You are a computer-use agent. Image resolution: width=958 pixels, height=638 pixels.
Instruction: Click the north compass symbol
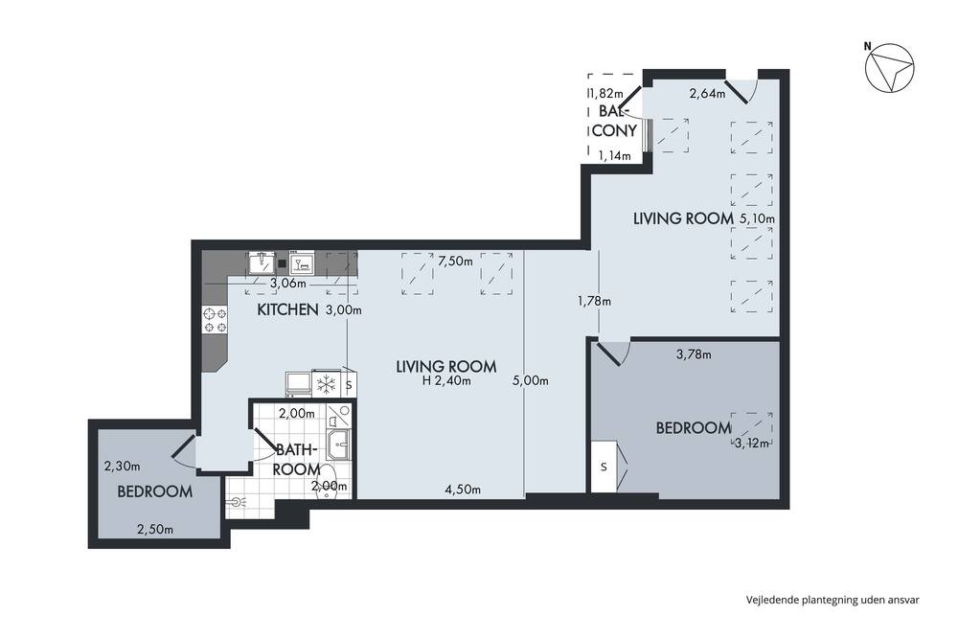(889, 67)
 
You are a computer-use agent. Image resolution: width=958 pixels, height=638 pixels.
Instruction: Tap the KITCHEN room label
(287, 309)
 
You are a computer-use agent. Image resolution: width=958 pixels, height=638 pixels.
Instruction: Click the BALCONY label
(615, 121)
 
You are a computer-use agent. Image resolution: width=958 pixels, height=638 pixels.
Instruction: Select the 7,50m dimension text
(456, 262)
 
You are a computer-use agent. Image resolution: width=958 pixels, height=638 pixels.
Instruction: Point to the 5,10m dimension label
(758, 218)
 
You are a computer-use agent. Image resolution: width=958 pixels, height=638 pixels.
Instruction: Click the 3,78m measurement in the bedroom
(694, 353)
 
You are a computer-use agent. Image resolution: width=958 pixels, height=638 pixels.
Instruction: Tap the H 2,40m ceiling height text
(446, 380)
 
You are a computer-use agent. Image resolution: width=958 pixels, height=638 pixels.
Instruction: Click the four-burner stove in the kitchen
(215, 320)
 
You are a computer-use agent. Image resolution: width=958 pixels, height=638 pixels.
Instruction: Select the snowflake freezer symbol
(325, 384)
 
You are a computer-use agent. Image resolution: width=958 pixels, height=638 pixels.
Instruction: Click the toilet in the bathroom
(328, 482)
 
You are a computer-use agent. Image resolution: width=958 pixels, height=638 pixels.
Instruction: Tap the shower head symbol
(236, 502)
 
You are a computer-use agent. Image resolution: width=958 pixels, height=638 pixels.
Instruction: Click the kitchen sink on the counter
(262, 262)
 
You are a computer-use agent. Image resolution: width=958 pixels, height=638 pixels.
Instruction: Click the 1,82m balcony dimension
(605, 94)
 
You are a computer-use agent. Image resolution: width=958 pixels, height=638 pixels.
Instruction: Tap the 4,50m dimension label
(463, 489)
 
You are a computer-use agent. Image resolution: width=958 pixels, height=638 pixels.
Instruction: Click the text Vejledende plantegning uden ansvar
(833, 600)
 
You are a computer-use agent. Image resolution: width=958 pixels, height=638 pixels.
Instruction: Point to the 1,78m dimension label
(594, 301)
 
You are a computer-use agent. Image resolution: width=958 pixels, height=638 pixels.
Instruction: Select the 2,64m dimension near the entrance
(708, 94)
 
